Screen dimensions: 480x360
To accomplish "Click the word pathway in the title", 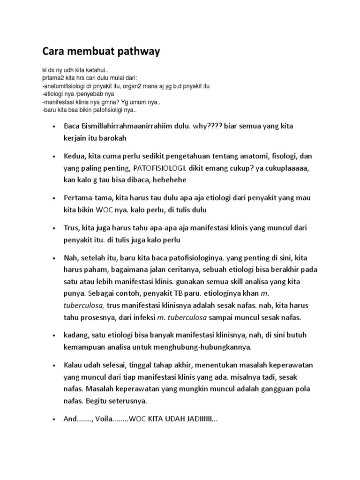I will tap(136, 52).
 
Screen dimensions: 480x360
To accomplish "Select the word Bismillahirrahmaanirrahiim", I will tap(127, 127).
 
